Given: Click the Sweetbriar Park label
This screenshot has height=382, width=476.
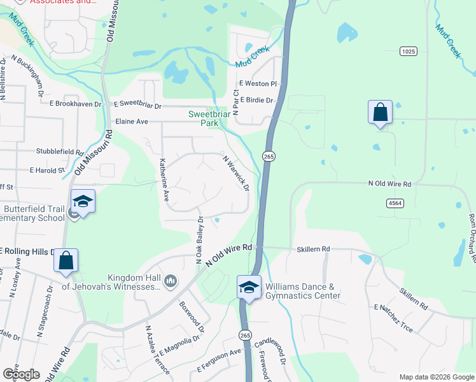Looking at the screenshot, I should (x=207, y=118).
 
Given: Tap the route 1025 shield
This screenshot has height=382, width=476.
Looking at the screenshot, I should (x=408, y=50).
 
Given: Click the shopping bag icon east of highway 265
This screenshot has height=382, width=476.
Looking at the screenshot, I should (x=380, y=113).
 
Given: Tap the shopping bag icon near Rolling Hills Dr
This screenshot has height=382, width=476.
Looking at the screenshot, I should (x=66, y=261).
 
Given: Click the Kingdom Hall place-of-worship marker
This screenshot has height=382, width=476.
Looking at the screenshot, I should (x=171, y=281).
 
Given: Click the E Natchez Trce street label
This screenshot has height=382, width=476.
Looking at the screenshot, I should (x=393, y=319).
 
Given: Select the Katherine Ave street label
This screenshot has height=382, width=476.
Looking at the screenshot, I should (x=164, y=180).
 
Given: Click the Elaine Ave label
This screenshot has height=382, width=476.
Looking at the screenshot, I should (x=132, y=121).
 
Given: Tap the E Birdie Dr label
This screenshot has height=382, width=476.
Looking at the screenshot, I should (x=256, y=100).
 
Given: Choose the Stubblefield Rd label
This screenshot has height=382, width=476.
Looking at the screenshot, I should (x=60, y=153).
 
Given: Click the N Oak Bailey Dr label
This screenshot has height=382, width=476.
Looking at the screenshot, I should (x=199, y=240).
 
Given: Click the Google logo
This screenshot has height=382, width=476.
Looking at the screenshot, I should (x=21, y=374).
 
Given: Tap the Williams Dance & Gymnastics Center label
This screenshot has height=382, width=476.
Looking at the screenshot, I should (x=303, y=291).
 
